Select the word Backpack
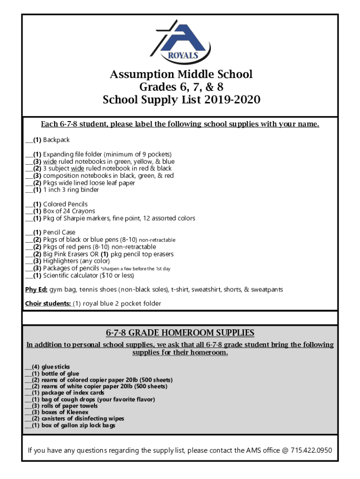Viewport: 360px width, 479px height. (x=57, y=140)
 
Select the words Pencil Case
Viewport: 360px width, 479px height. (x=59, y=232)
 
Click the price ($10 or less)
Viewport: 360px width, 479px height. (x=119, y=276)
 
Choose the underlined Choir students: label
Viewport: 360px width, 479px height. (x=48, y=304)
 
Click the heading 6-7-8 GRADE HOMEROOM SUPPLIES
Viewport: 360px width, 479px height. (x=180, y=333)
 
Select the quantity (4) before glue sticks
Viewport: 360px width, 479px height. (x=36, y=367)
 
